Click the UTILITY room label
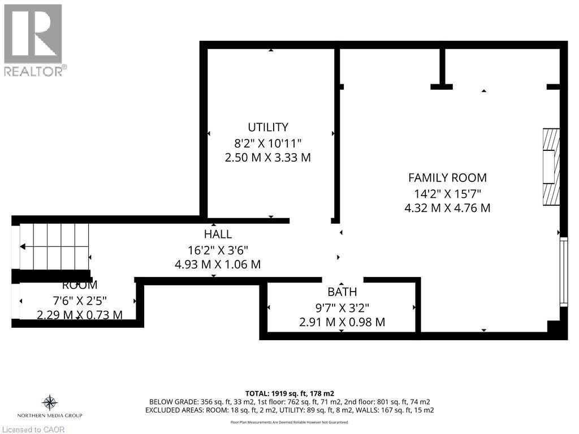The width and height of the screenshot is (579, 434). pos(267,127)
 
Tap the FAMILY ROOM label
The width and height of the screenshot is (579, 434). pos(447,177)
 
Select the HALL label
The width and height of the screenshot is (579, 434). pos(218,234)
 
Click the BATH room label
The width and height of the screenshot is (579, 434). pos(342,292)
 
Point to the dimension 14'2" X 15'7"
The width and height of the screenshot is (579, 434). pos(447,193)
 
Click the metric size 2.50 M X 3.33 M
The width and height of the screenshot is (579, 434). pos(267,158)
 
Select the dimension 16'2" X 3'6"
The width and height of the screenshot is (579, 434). pos(218,249)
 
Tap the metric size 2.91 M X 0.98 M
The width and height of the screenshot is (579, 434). pos(342,322)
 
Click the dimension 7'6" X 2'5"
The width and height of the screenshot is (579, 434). pos(80,300)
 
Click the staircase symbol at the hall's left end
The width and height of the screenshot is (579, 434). pos(54,247)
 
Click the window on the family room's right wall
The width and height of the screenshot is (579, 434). pos(563,272)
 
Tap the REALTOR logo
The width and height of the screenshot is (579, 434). pos(33,40)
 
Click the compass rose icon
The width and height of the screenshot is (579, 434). pos(50,402)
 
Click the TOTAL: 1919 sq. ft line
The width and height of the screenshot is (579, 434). pos(289,393)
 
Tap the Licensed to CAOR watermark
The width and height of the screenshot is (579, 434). pos(33,429)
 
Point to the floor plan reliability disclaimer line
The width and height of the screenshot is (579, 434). pos(289,422)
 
